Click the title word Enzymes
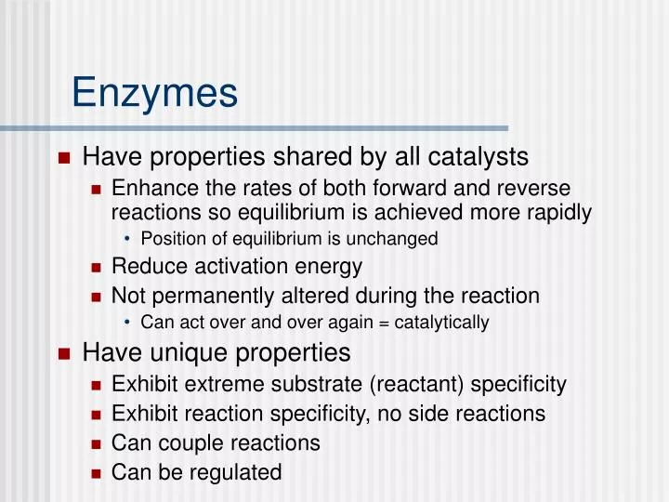click(154, 93)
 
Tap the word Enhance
click(151, 188)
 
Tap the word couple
click(185, 443)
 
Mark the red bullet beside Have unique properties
click(64, 354)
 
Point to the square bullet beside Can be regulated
click(96, 473)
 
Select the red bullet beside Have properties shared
click(64, 157)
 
